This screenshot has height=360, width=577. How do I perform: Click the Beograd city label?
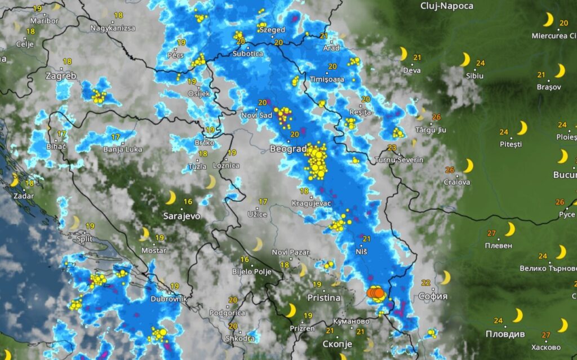288,149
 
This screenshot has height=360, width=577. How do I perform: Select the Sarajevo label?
181,216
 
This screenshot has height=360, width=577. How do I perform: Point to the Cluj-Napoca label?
447,6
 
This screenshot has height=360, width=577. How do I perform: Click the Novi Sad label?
257,115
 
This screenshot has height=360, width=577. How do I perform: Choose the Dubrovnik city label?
165,299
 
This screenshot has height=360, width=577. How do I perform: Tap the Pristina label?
324,297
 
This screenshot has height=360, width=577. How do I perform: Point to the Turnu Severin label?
400,160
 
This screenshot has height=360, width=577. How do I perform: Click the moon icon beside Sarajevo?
170,197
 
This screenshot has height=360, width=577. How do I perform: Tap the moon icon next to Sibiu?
465,60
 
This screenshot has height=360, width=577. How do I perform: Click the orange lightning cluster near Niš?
375,293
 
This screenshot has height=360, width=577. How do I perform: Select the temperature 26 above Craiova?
449,170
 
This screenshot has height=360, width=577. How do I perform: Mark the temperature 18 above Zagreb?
67,61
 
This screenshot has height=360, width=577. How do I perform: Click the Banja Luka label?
122,149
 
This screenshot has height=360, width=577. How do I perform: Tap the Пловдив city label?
505,334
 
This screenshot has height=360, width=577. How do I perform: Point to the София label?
433,296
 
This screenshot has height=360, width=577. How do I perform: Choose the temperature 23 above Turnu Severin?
392,148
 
